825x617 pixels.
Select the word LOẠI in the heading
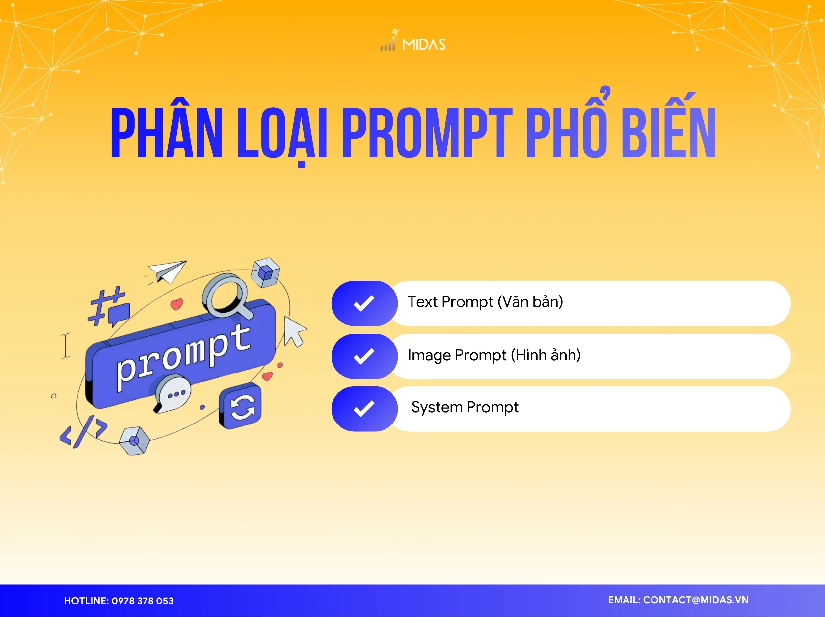[x=282, y=134]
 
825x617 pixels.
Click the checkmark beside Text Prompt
[x=364, y=303]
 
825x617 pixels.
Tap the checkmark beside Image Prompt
[x=364, y=356]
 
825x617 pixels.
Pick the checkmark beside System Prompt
[x=364, y=409]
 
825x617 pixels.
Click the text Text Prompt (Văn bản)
[x=485, y=302]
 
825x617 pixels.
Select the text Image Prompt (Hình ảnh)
[x=494, y=355]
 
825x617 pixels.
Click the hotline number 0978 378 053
[x=143, y=601]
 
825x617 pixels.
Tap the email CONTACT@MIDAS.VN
[x=696, y=600]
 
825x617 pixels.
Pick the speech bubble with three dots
[x=173, y=394]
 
